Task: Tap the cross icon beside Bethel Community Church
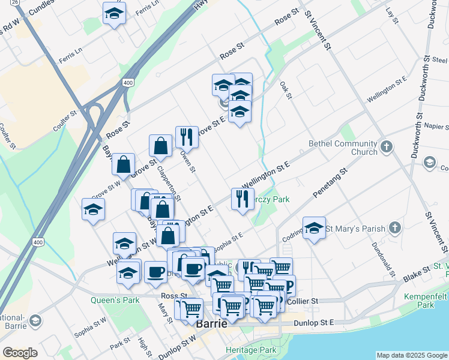[387, 146]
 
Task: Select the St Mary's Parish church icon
[394, 228]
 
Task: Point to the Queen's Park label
[115, 300]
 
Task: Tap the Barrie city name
[211, 323]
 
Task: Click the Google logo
[20, 353]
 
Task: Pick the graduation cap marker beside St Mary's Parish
[314, 228]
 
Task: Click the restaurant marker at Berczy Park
[243, 198]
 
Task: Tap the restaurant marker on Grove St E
[187, 136]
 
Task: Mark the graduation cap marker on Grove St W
[94, 209]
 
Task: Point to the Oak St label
[286, 91]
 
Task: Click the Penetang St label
[331, 183]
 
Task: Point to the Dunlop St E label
[314, 323]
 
